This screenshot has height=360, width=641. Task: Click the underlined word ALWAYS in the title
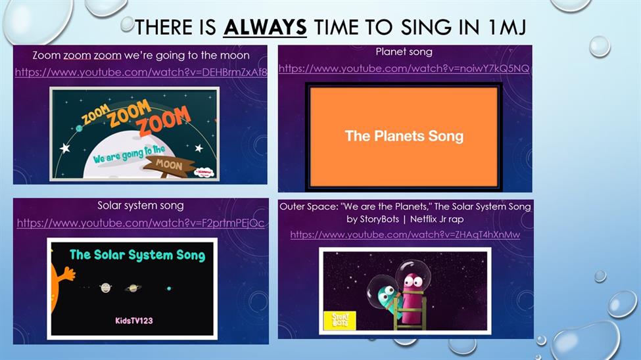click(x=265, y=28)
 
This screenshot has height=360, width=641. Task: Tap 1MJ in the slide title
click(x=507, y=28)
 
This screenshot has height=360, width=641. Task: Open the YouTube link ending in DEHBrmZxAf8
click(x=141, y=72)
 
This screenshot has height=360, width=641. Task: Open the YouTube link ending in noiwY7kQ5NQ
click(x=404, y=68)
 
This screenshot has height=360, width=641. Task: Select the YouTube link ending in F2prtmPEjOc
click(x=141, y=223)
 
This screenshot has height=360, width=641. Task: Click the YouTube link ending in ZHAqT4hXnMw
click(x=405, y=235)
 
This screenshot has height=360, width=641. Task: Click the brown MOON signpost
click(x=169, y=165)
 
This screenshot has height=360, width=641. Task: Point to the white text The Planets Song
click(x=404, y=136)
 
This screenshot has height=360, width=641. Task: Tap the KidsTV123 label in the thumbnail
click(x=134, y=321)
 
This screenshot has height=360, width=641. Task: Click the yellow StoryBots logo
click(x=339, y=321)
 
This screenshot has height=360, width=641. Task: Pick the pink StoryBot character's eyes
click(x=414, y=282)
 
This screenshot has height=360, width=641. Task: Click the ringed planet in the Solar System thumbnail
click(x=133, y=288)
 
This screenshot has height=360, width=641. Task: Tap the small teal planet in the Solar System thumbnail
click(x=169, y=288)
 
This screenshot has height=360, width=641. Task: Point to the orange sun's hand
click(x=68, y=273)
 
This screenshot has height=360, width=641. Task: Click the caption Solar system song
click(x=141, y=206)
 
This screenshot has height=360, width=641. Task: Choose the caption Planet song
click(x=404, y=52)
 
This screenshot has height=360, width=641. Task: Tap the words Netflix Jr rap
click(x=437, y=219)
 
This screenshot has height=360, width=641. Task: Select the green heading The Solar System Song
click(x=137, y=256)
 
